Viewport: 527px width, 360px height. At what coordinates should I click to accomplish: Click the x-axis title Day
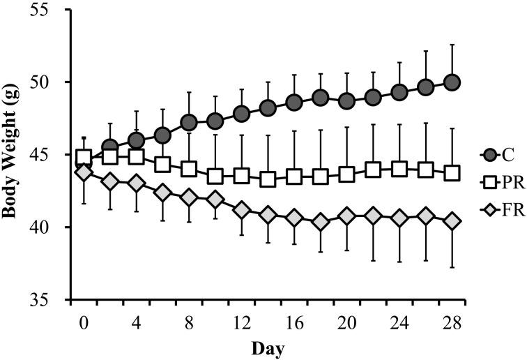[x=268, y=346]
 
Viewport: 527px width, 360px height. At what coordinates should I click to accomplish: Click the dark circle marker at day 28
[x=452, y=83]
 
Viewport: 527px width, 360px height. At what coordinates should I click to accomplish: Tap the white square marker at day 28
[x=452, y=173]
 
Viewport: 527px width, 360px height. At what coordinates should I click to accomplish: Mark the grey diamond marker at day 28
[x=452, y=221]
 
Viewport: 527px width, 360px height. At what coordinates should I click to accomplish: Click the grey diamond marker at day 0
[x=84, y=172]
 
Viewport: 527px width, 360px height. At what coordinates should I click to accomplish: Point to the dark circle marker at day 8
[x=189, y=123]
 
